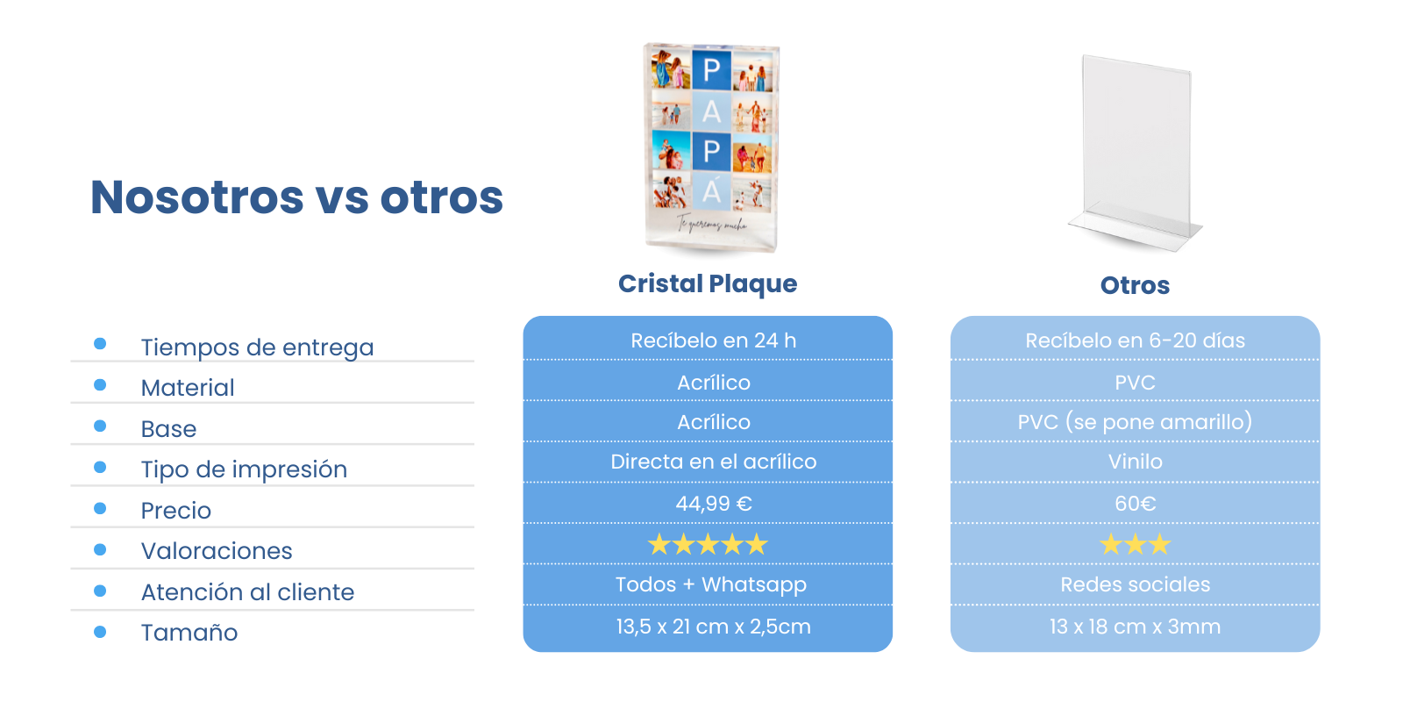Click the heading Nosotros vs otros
pyautogui.click(x=297, y=197)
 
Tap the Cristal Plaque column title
pyautogui.click(x=708, y=284)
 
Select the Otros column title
pyautogui.click(x=1135, y=285)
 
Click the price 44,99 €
pyautogui.click(x=714, y=504)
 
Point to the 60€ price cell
pyautogui.click(x=1135, y=504)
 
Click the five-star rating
pyautogui.click(x=708, y=544)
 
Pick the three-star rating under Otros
pyautogui.click(x=1135, y=544)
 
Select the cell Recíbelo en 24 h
pyautogui.click(x=714, y=340)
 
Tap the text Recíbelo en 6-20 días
pyautogui.click(x=1135, y=340)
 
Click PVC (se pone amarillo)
pyautogui.click(x=1135, y=422)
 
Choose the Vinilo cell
pyautogui.click(x=1135, y=462)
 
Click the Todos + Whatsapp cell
pyautogui.click(x=711, y=584)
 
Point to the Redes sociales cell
pyautogui.click(x=1135, y=584)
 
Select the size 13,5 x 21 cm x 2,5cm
pyautogui.click(x=714, y=627)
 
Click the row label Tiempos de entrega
pyautogui.click(x=258, y=347)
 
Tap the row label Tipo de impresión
pyautogui.click(x=244, y=469)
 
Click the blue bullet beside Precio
pyautogui.click(x=100, y=508)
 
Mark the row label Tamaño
pyautogui.click(x=189, y=633)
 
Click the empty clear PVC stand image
pyautogui.click(x=1135, y=154)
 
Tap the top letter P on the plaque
pyautogui.click(x=711, y=69)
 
